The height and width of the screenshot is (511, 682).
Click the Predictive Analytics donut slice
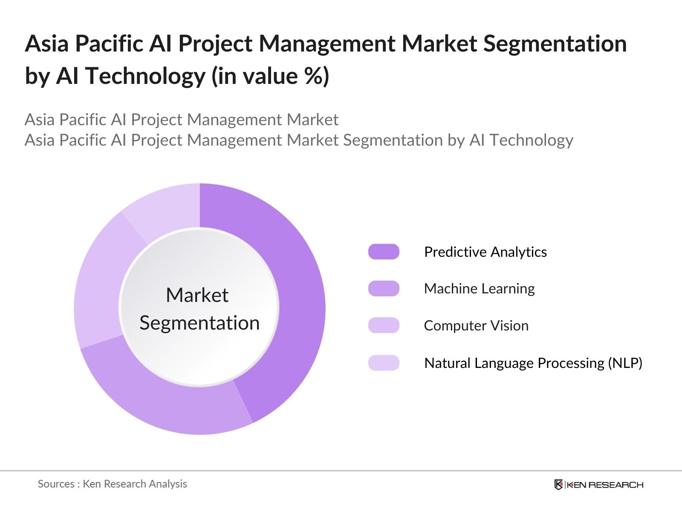point(298,298)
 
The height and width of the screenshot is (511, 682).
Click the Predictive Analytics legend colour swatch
point(384,252)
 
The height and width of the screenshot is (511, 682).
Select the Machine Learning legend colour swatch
point(384,289)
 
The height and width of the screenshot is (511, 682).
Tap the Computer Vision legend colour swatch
point(384,325)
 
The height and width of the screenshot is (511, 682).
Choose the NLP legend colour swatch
point(384,363)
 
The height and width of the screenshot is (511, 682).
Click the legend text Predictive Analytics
point(485,252)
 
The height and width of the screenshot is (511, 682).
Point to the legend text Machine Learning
point(479,289)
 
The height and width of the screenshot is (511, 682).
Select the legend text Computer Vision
point(476,326)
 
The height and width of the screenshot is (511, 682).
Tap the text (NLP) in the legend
point(625,363)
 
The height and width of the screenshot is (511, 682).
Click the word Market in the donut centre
point(197,295)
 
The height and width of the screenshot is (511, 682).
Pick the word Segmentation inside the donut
point(199,323)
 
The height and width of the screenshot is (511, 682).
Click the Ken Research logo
point(598,485)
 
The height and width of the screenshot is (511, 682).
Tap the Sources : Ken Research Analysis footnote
point(112,484)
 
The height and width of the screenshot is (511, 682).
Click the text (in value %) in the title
point(270,76)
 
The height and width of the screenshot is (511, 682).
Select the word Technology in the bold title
point(145,76)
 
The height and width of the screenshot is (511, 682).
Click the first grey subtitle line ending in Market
point(182,120)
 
